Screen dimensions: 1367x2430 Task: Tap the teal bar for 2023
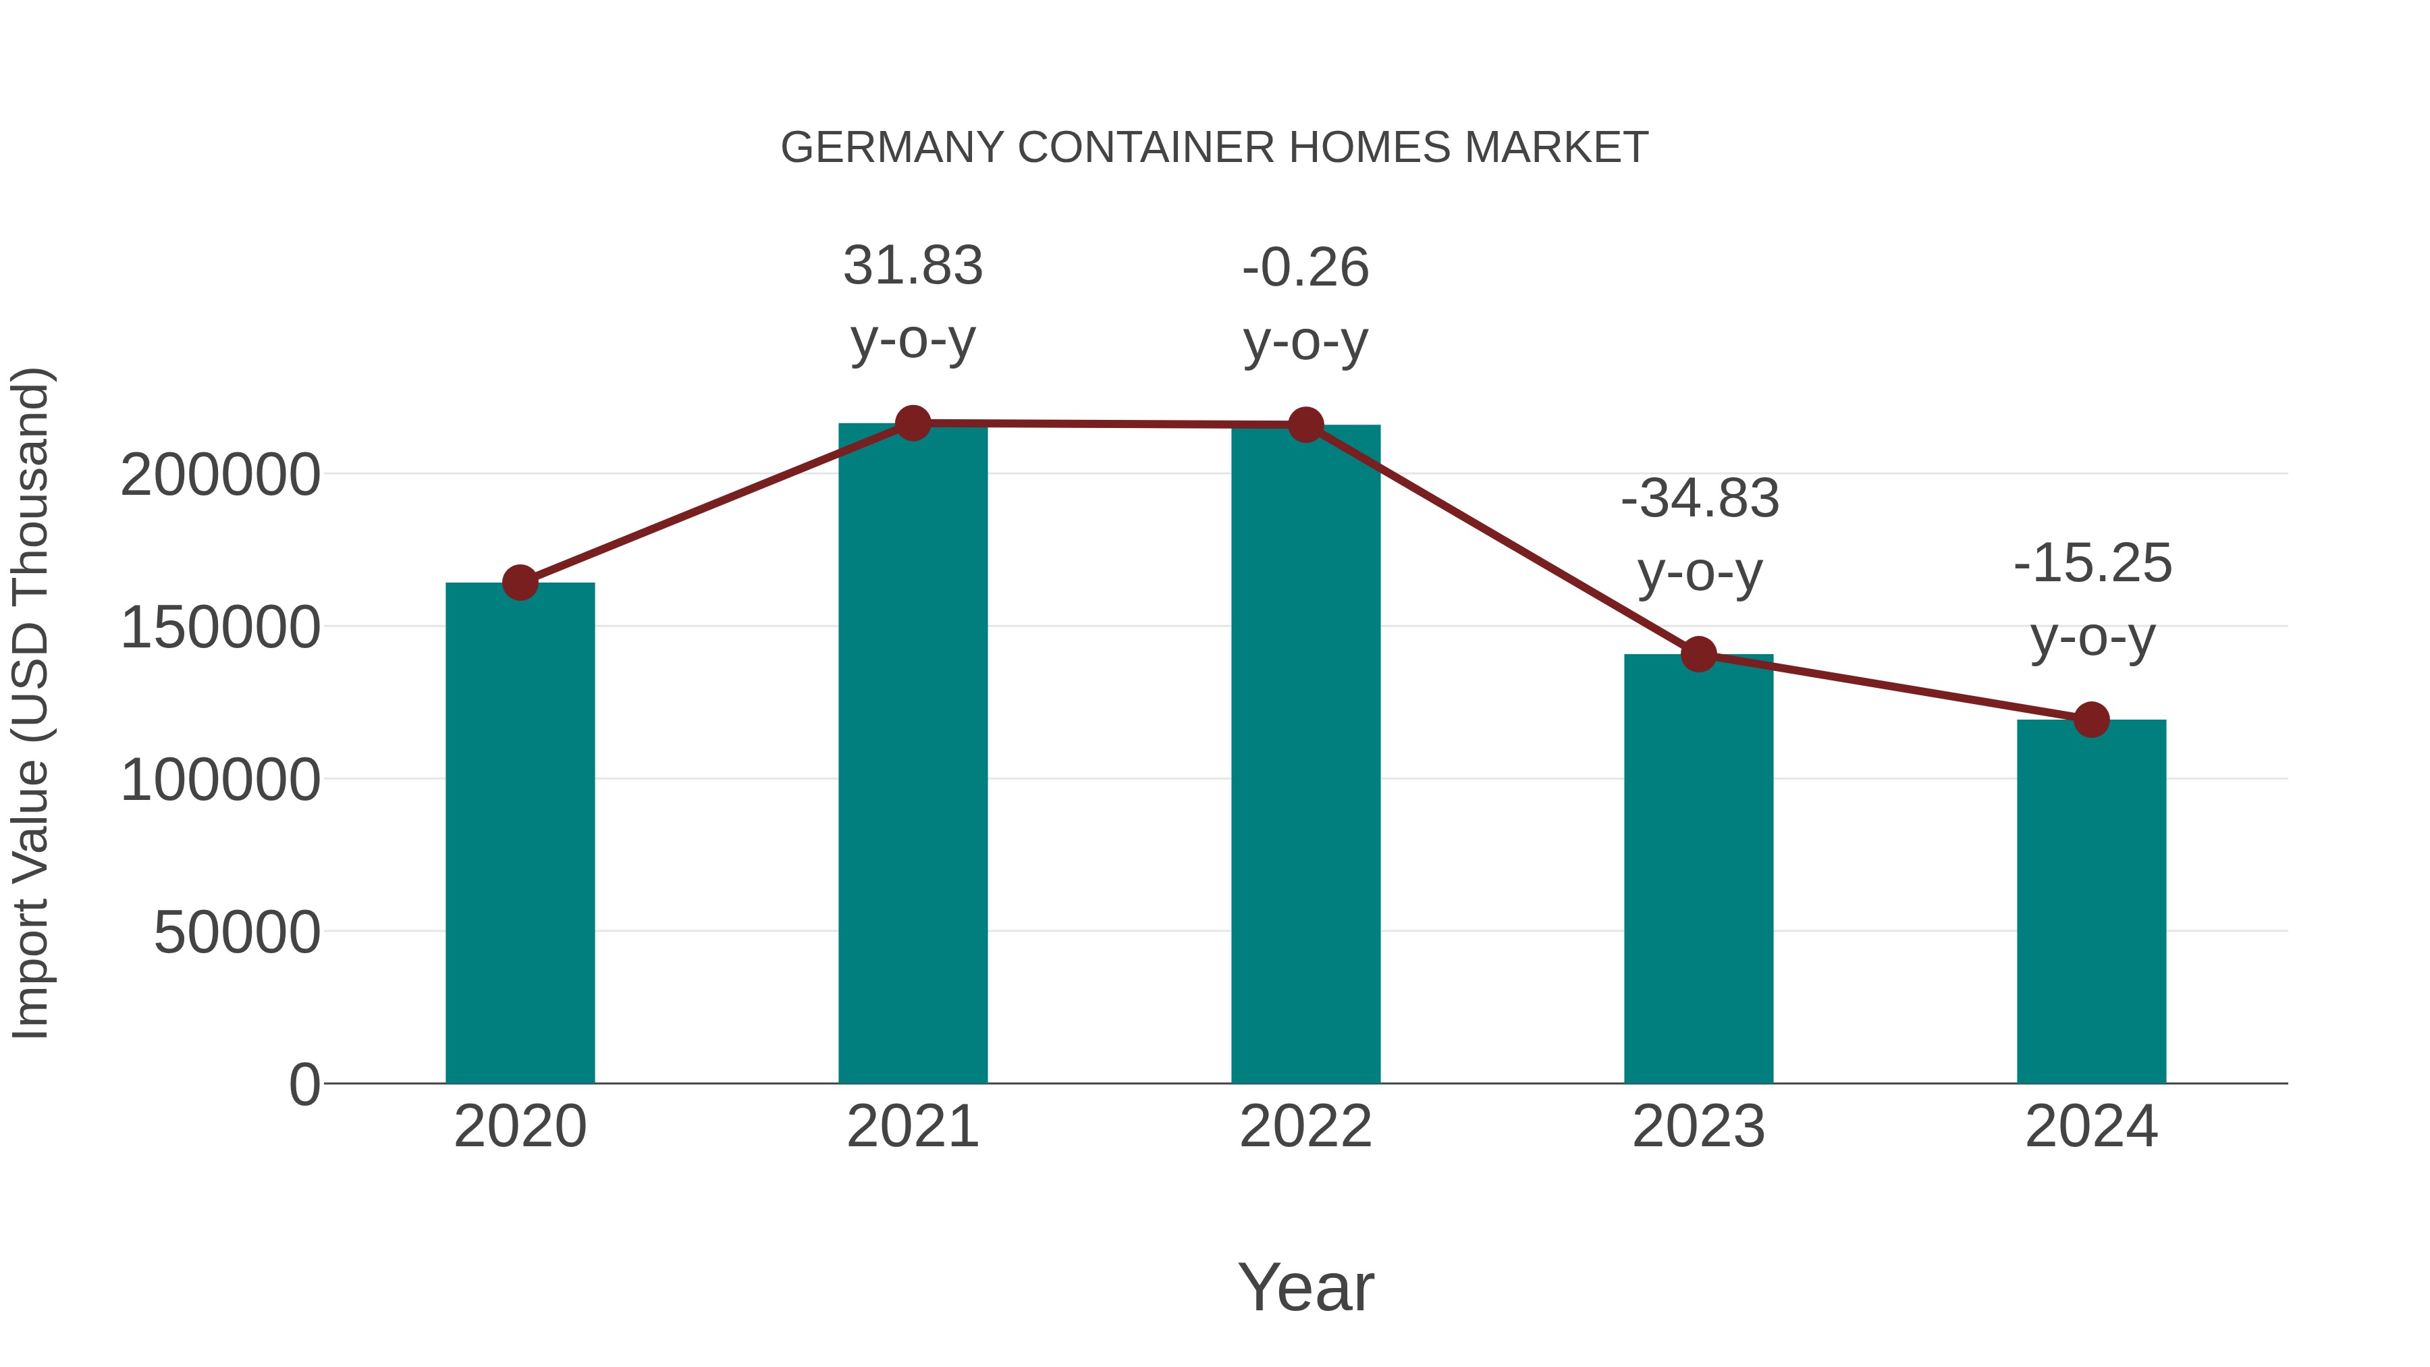(x=1698, y=868)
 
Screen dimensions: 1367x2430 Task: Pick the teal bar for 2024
(x=2091, y=901)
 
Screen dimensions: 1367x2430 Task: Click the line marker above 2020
(x=520, y=583)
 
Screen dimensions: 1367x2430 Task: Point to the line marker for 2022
(x=1305, y=425)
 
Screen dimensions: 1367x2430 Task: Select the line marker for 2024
(x=2091, y=720)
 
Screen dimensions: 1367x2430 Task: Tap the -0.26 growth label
(x=1305, y=304)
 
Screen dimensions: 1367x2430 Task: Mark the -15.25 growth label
(x=2092, y=600)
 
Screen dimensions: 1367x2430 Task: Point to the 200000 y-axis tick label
(x=220, y=475)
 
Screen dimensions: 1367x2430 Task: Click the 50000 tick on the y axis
(x=237, y=933)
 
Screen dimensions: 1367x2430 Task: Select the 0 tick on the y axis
(x=304, y=1084)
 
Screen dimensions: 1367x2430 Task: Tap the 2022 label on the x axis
(x=1305, y=1127)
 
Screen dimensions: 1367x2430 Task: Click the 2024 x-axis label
(x=2091, y=1127)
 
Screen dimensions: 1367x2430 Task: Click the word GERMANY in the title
(x=892, y=148)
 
